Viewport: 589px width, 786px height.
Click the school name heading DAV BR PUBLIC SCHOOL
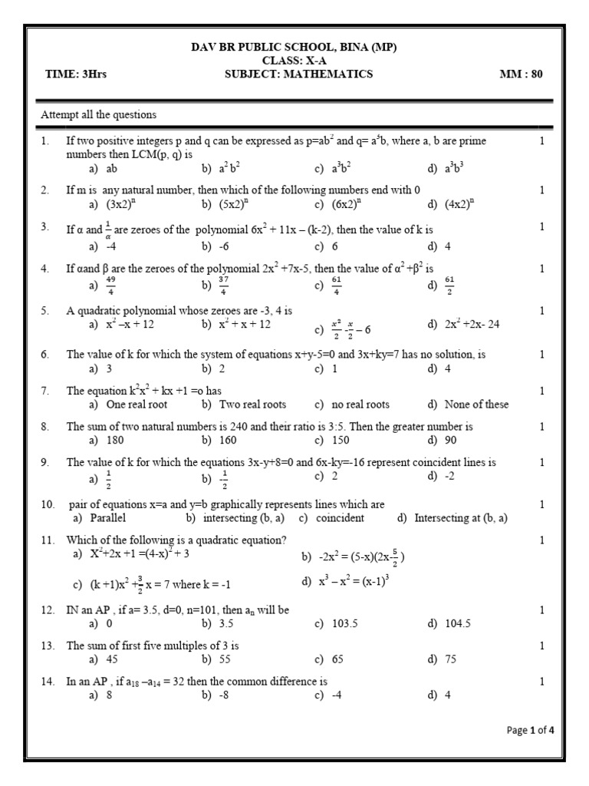tap(294, 48)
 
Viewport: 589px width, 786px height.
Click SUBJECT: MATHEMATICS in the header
tap(298, 74)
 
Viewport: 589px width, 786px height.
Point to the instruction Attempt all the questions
tap(98, 115)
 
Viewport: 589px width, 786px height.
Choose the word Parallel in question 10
tap(108, 518)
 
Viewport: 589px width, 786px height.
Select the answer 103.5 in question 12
tap(345, 623)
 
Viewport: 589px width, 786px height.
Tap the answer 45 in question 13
tap(113, 659)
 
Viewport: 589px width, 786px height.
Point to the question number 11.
tap(48, 540)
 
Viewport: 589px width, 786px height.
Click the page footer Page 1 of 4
tap(530, 730)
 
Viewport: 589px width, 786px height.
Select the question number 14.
tap(48, 682)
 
